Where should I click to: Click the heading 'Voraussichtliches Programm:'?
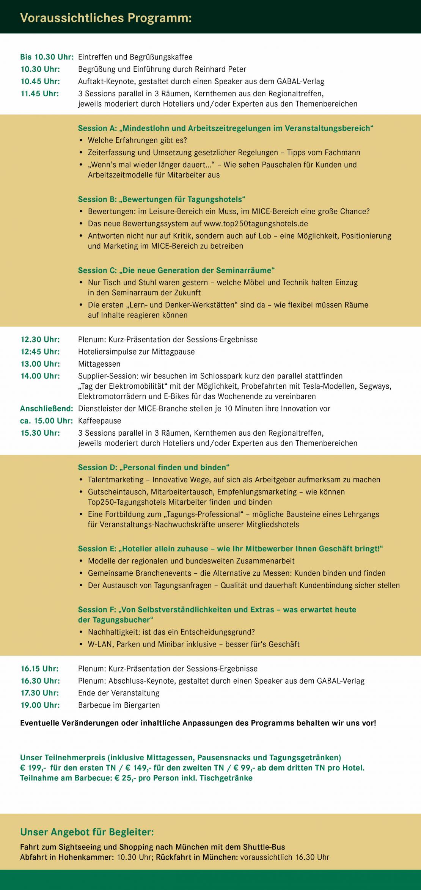(x=106, y=18)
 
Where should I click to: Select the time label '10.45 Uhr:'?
(x=40, y=82)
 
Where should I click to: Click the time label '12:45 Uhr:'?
(x=40, y=352)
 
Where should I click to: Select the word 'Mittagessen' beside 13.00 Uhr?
(x=99, y=364)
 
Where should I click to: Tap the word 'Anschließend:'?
(x=46, y=409)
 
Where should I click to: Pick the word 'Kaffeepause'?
(x=99, y=421)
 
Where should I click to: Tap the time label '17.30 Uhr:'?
(x=40, y=693)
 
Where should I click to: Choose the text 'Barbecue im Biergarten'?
(x=119, y=705)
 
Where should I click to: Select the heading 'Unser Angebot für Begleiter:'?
(x=87, y=833)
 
